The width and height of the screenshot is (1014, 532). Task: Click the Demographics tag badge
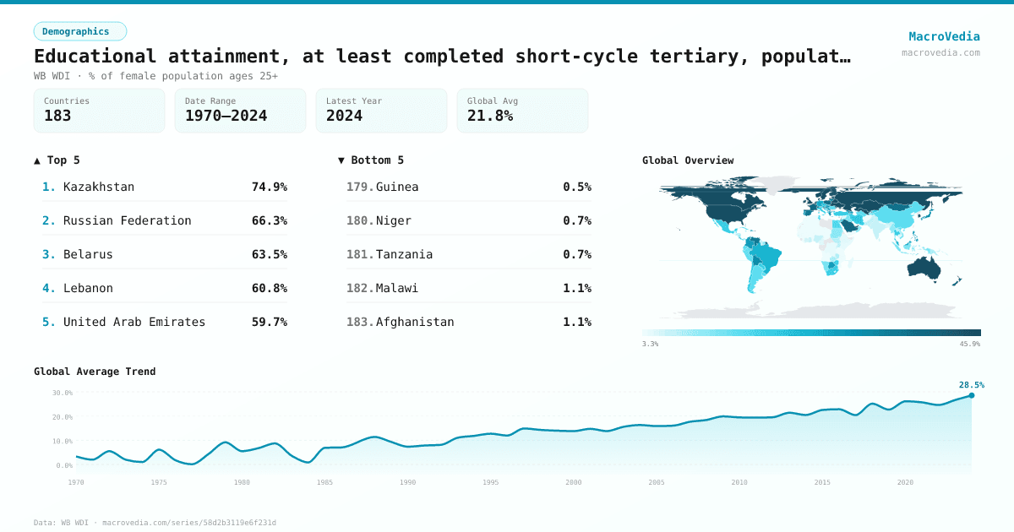(x=79, y=31)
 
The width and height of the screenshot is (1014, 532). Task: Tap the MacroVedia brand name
(x=944, y=36)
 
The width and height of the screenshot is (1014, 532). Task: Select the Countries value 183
(x=57, y=117)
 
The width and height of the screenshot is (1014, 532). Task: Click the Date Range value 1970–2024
(x=226, y=117)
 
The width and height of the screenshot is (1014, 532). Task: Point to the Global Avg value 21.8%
(x=490, y=117)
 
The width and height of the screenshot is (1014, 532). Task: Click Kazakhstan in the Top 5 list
(x=99, y=187)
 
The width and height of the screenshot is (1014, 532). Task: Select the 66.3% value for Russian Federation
(x=269, y=220)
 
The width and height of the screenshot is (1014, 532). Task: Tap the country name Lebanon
(x=88, y=288)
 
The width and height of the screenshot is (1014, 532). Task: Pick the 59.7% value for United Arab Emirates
(x=269, y=322)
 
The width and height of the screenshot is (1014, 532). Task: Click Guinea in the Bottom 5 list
(x=397, y=187)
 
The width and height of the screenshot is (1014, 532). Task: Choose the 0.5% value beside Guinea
(x=577, y=187)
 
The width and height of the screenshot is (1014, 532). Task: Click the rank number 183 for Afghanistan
(x=359, y=322)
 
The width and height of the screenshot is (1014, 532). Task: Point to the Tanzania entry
(x=404, y=254)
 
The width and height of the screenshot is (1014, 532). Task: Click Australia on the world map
(x=929, y=267)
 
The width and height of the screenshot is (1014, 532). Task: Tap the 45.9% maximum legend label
(x=969, y=344)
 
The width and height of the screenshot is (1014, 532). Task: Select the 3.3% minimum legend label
(x=651, y=344)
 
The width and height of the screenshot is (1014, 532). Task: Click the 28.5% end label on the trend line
(x=971, y=385)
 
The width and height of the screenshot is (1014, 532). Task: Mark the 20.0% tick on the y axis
(x=63, y=417)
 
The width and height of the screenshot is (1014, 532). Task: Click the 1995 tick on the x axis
(x=491, y=482)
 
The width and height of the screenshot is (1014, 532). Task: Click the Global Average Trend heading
(x=95, y=372)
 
